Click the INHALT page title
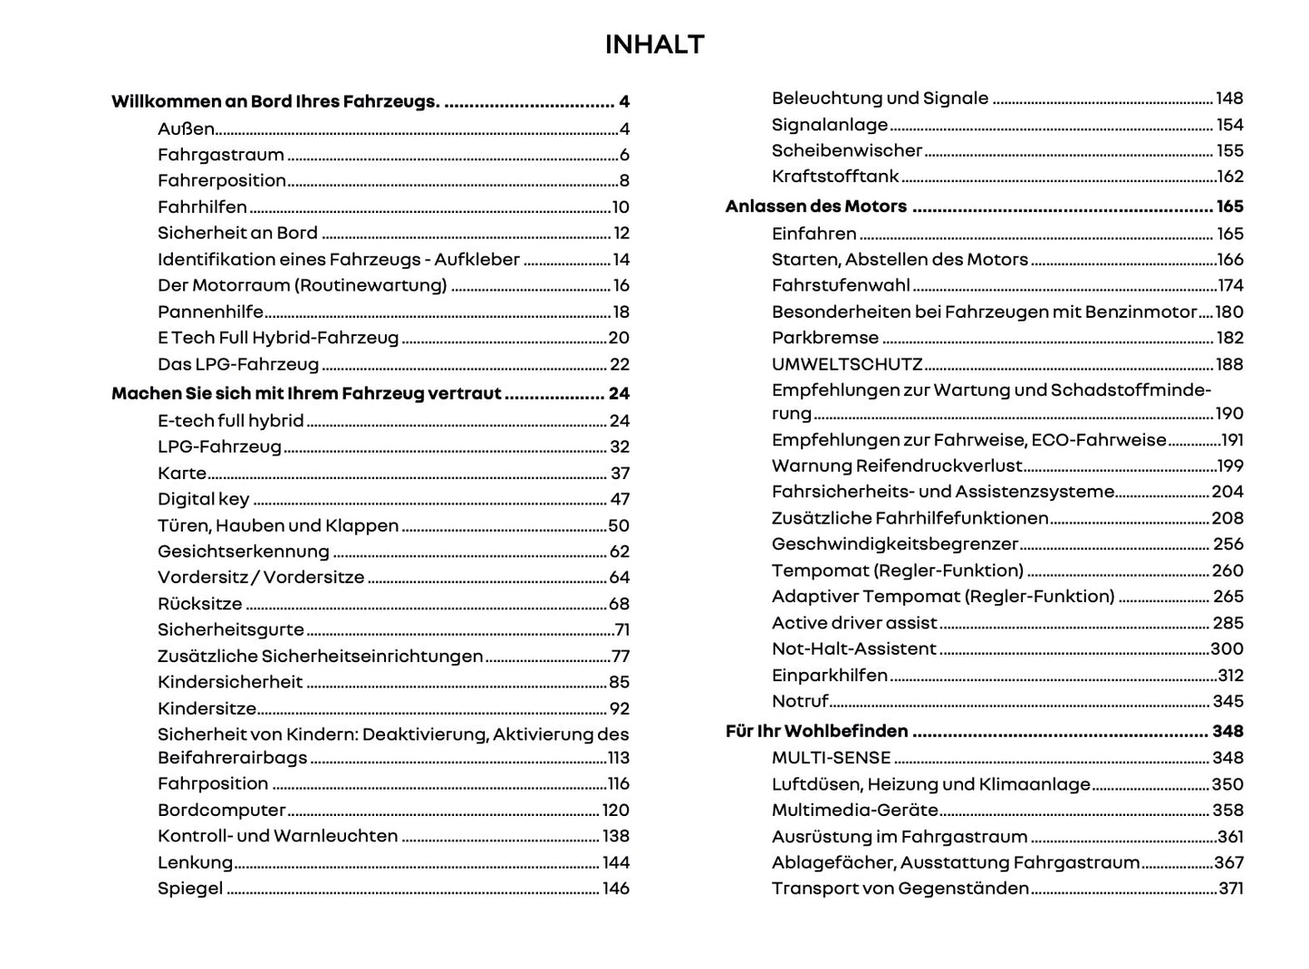pos(654,44)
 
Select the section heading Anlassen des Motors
pos(815,206)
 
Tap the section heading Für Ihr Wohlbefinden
pos(816,731)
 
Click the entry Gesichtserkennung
pos(243,551)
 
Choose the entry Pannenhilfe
pos(210,312)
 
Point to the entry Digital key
pos(203,499)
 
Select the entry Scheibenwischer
pos(846,150)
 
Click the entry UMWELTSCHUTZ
pos(846,364)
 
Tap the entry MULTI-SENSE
pos(831,757)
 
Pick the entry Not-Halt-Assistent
pos(853,648)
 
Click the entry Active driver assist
pos(853,622)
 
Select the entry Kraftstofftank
pos(835,177)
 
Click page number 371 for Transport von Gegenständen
pos(1230,888)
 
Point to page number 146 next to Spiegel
pos(616,888)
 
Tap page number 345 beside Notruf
pos(1228,701)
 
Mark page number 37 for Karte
pos(620,473)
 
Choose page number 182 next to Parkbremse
pos(1229,338)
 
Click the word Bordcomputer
pos(221,810)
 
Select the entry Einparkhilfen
pos(829,675)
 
